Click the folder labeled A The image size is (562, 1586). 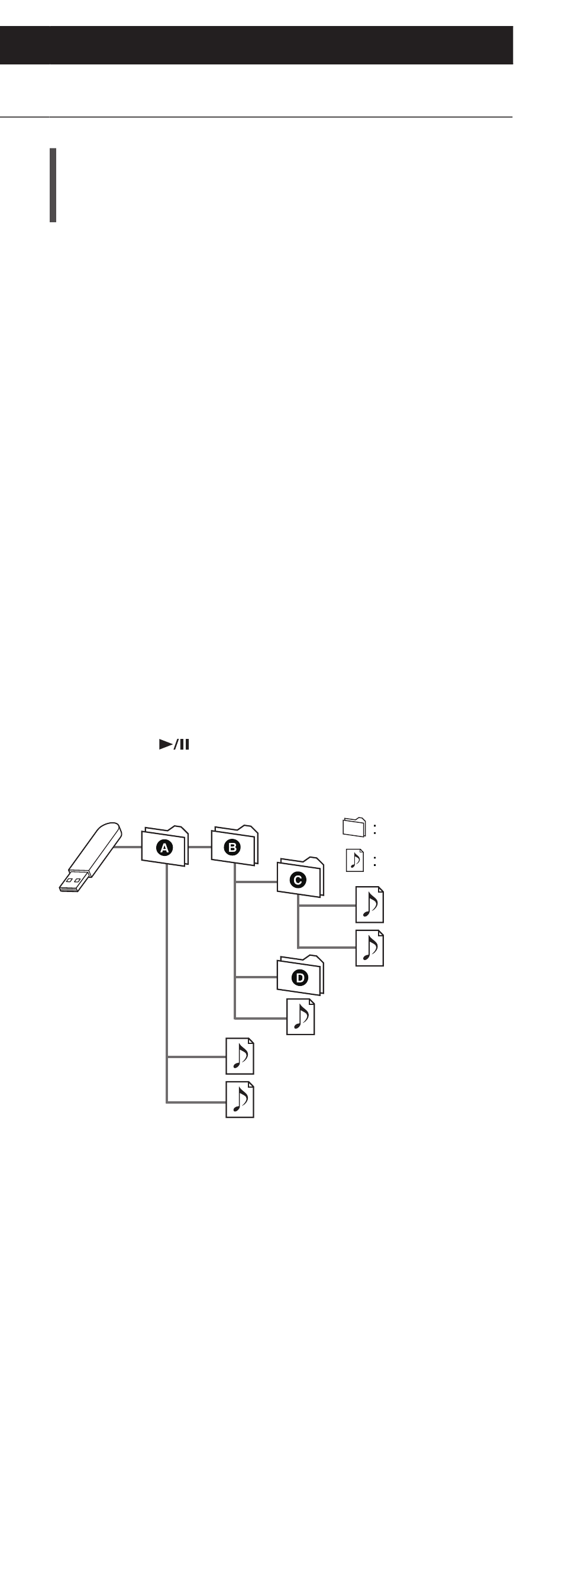164,846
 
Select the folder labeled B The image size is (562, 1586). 234,845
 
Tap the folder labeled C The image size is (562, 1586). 300,877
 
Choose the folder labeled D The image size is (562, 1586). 300,975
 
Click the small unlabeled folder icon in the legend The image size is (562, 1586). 354,827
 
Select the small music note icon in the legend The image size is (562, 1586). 355,860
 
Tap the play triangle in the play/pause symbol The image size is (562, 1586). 166,744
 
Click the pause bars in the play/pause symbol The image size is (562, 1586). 184,744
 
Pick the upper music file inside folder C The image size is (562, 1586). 370,904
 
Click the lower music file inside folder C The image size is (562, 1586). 370,948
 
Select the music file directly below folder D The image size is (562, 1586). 301,1017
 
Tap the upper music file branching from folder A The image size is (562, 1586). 240,1056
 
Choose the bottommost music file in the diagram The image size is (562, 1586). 240,1100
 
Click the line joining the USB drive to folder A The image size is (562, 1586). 128,847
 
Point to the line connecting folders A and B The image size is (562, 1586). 200,847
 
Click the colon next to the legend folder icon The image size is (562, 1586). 374,829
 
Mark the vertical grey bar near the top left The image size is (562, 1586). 53,184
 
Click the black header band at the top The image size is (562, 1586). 256,45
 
